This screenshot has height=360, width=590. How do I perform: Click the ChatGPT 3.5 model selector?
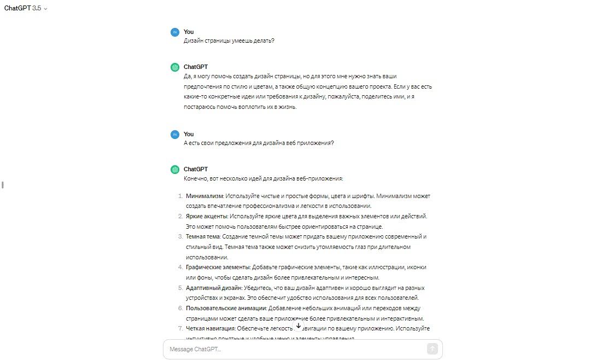(26, 8)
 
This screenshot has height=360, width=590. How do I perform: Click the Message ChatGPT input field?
(295, 349)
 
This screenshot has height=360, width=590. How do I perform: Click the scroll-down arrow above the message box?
(299, 326)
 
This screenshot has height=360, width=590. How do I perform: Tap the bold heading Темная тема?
(203, 236)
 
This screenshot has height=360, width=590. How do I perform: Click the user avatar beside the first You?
(174, 32)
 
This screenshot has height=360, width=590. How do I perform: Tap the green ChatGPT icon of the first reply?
(174, 67)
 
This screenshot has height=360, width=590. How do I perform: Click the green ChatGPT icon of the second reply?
(174, 170)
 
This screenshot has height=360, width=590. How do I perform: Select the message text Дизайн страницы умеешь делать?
(229, 41)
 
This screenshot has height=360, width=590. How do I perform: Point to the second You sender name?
(189, 134)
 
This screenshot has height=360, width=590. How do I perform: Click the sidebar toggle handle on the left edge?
(3, 185)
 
